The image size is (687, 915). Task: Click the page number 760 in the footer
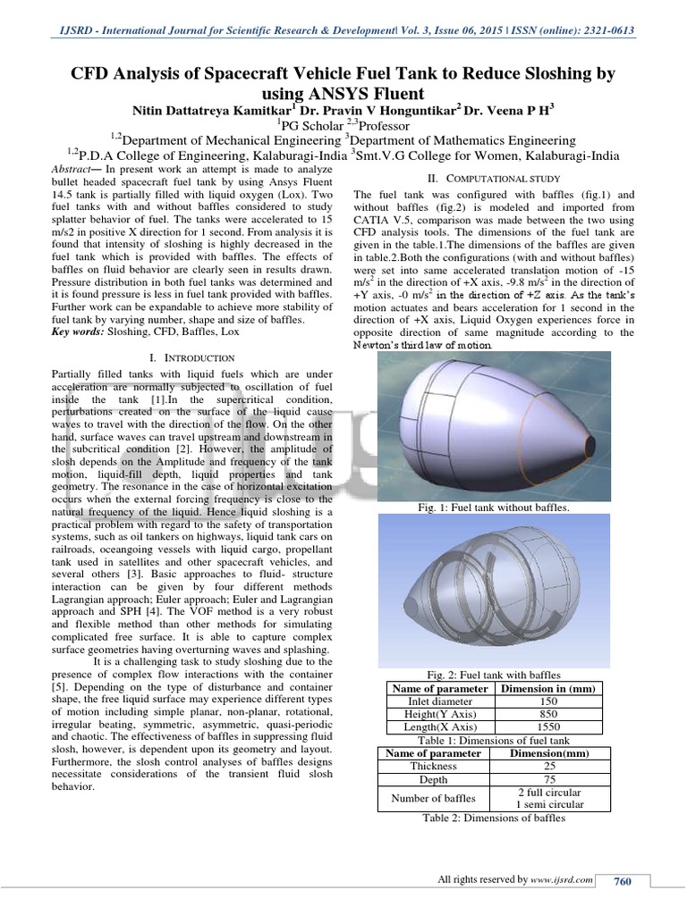pyautogui.click(x=622, y=882)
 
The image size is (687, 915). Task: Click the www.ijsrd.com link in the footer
pyautogui.click(x=562, y=881)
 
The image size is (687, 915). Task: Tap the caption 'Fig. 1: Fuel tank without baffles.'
pyautogui.click(x=495, y=508)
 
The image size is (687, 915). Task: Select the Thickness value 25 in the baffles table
pyautogui.click(x=550, y=766)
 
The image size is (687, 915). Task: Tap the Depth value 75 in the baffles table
pyautogui.click(x=550, y=779)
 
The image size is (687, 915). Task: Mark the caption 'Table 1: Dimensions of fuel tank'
pyautogui.click(x=494, y=740)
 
